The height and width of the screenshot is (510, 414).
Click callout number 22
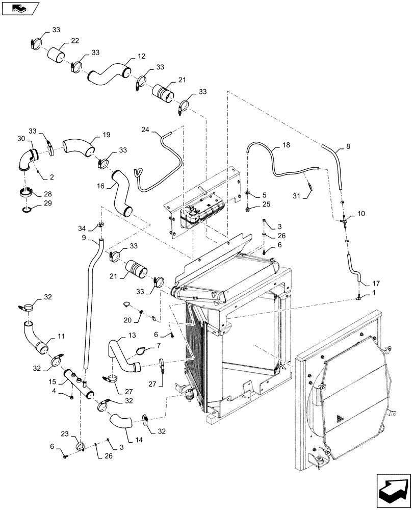coord(74,41)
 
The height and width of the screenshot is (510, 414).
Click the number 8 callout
coord(348,146)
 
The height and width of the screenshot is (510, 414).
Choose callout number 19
coord(106,135)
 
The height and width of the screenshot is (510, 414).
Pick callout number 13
coord(132,335)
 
